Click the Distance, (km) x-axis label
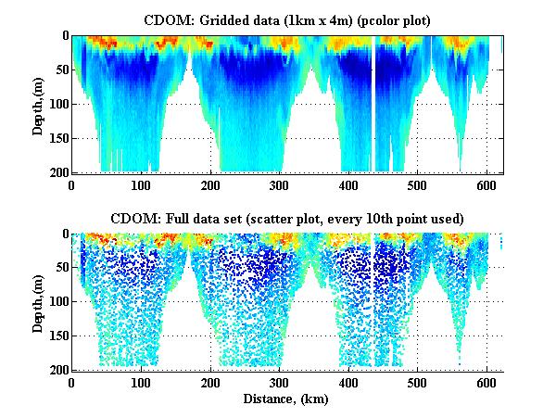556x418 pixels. click(x=287, y=399)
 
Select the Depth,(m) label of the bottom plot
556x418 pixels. click(x=38, y=302)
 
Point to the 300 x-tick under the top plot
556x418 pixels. click(x=279, y=184)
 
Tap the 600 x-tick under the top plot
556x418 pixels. click(x=486, y=184)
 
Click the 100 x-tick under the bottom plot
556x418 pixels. click(x=141, y=383)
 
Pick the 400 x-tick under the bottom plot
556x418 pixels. click(x=348, y=383)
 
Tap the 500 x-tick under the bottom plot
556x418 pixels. click(x=418, y=383)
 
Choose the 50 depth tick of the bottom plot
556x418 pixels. click(x=60, y=268)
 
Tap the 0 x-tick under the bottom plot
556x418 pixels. click(x=72, y=383)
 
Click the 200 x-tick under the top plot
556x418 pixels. click(x=210, y=184)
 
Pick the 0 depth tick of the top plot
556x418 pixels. click(x=63, y=36)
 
